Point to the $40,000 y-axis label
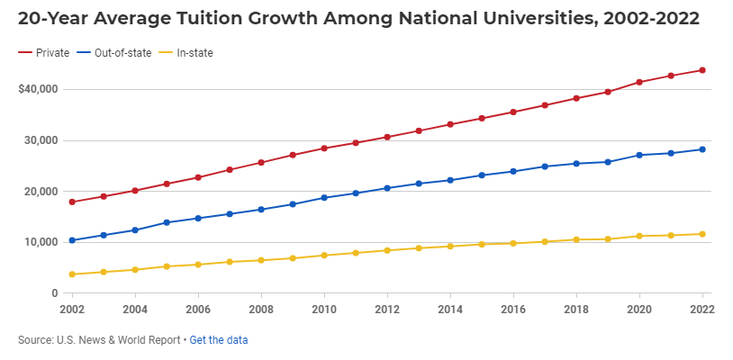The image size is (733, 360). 38,89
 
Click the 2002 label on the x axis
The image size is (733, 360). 72,309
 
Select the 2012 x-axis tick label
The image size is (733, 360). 387,309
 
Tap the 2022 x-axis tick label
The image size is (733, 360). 702,309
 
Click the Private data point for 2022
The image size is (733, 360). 702,70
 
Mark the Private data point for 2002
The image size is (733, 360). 72,202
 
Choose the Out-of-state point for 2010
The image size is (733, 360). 324,197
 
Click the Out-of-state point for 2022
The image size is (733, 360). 702,149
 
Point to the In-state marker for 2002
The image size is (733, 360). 72,274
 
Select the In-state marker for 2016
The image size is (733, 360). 513,243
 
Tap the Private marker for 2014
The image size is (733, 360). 450,124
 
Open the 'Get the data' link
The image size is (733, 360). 219,340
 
